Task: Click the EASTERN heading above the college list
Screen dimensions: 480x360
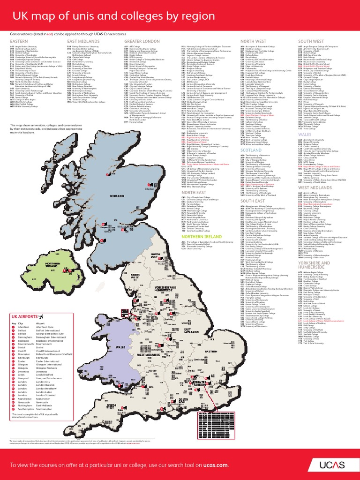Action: coord(19,41)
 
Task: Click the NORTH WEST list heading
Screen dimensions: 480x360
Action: coord(253,41)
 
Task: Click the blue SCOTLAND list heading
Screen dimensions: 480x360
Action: coord(251,150)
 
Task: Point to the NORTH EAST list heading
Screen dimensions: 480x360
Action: coord(194,192)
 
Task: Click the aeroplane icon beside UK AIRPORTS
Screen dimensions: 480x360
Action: coord(45,330)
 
